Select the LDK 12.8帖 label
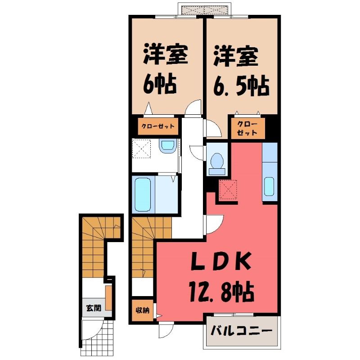tap(221, 276)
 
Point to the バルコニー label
tap(242, 331)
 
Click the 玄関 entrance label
tap(94, 308)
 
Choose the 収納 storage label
tap(142, 310)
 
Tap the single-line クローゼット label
tap(158, 126)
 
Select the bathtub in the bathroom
tap(143, 195)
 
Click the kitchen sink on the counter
tap(269, 186)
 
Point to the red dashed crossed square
tap(228, 189)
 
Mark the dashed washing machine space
tap(142, 148)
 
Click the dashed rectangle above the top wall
tap(205, 10)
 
